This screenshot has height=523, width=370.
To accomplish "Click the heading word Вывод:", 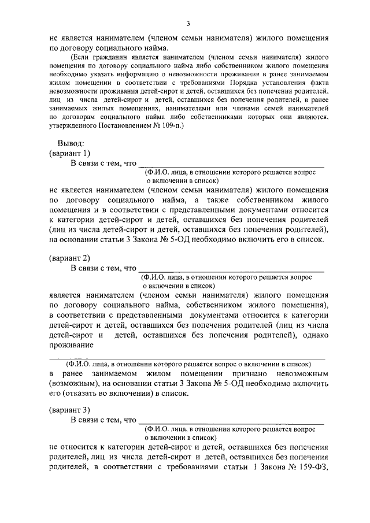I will click(71, 143).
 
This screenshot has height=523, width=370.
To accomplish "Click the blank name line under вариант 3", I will click(231, 422).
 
